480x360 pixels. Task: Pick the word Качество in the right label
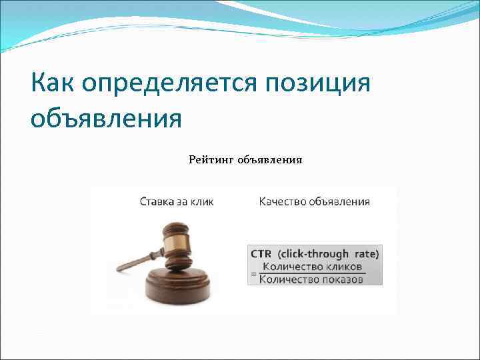282,201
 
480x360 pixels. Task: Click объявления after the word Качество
339,201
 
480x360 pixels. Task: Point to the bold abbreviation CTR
261,253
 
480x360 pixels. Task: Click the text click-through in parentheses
313,253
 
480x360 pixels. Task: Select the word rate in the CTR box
365,253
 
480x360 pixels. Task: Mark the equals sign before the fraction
253,273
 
